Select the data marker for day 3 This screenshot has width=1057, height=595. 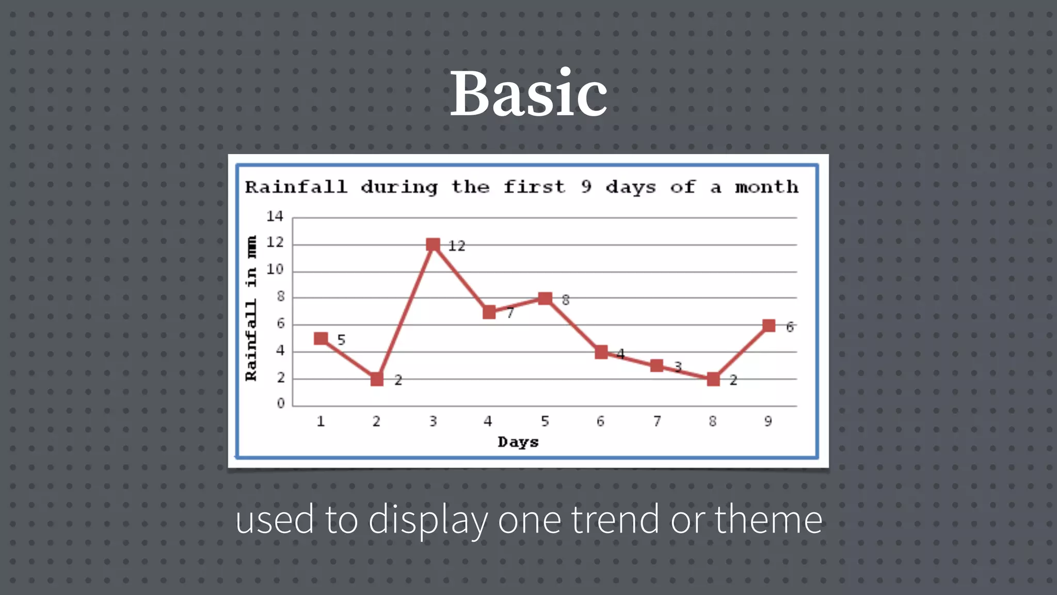coord(433,244)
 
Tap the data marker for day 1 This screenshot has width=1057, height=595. coord(321,338)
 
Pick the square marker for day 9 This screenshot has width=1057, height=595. coord(768,325)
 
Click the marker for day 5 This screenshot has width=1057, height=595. coord(545,298)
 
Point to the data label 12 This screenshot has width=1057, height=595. coord(456,246)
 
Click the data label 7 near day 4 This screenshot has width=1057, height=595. coord(510,313)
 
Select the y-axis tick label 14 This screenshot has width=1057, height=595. coord(275,216)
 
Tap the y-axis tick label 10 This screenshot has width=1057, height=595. coord(275,270)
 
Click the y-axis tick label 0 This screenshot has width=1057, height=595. coord(280,403)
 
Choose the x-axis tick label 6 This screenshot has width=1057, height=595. coord(600,421)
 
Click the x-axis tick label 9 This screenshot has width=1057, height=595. coord(768,421)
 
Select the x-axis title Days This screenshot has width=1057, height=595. coord(518,442)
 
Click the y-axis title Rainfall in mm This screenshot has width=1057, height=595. coord(251,308)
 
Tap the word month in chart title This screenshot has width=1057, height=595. coord(766,187)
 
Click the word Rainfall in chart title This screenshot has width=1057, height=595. coord(296,187)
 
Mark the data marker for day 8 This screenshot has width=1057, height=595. coord(713,379)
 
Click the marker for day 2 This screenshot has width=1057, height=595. coord(377,379)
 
